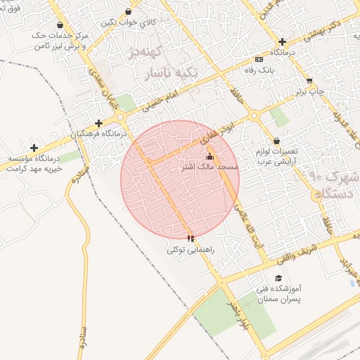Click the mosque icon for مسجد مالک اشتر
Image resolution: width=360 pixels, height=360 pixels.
[210, 157]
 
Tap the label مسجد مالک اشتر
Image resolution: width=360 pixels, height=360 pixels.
[210, 167]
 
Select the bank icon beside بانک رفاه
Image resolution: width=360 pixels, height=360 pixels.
[259, 59]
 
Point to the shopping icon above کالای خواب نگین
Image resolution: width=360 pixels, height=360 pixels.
[128, 12]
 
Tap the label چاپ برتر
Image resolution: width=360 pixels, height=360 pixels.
[309, 91]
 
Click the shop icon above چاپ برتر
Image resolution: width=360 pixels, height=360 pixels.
[309, 81]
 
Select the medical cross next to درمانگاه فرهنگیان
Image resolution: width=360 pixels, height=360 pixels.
[98, 122]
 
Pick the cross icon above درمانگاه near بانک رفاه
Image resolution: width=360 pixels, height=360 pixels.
[282, 42]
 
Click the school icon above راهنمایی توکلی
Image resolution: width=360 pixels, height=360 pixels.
[191, 239]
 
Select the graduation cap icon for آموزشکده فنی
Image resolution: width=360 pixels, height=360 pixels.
[279, 278]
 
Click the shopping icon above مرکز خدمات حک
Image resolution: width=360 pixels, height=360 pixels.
[60, 25]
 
